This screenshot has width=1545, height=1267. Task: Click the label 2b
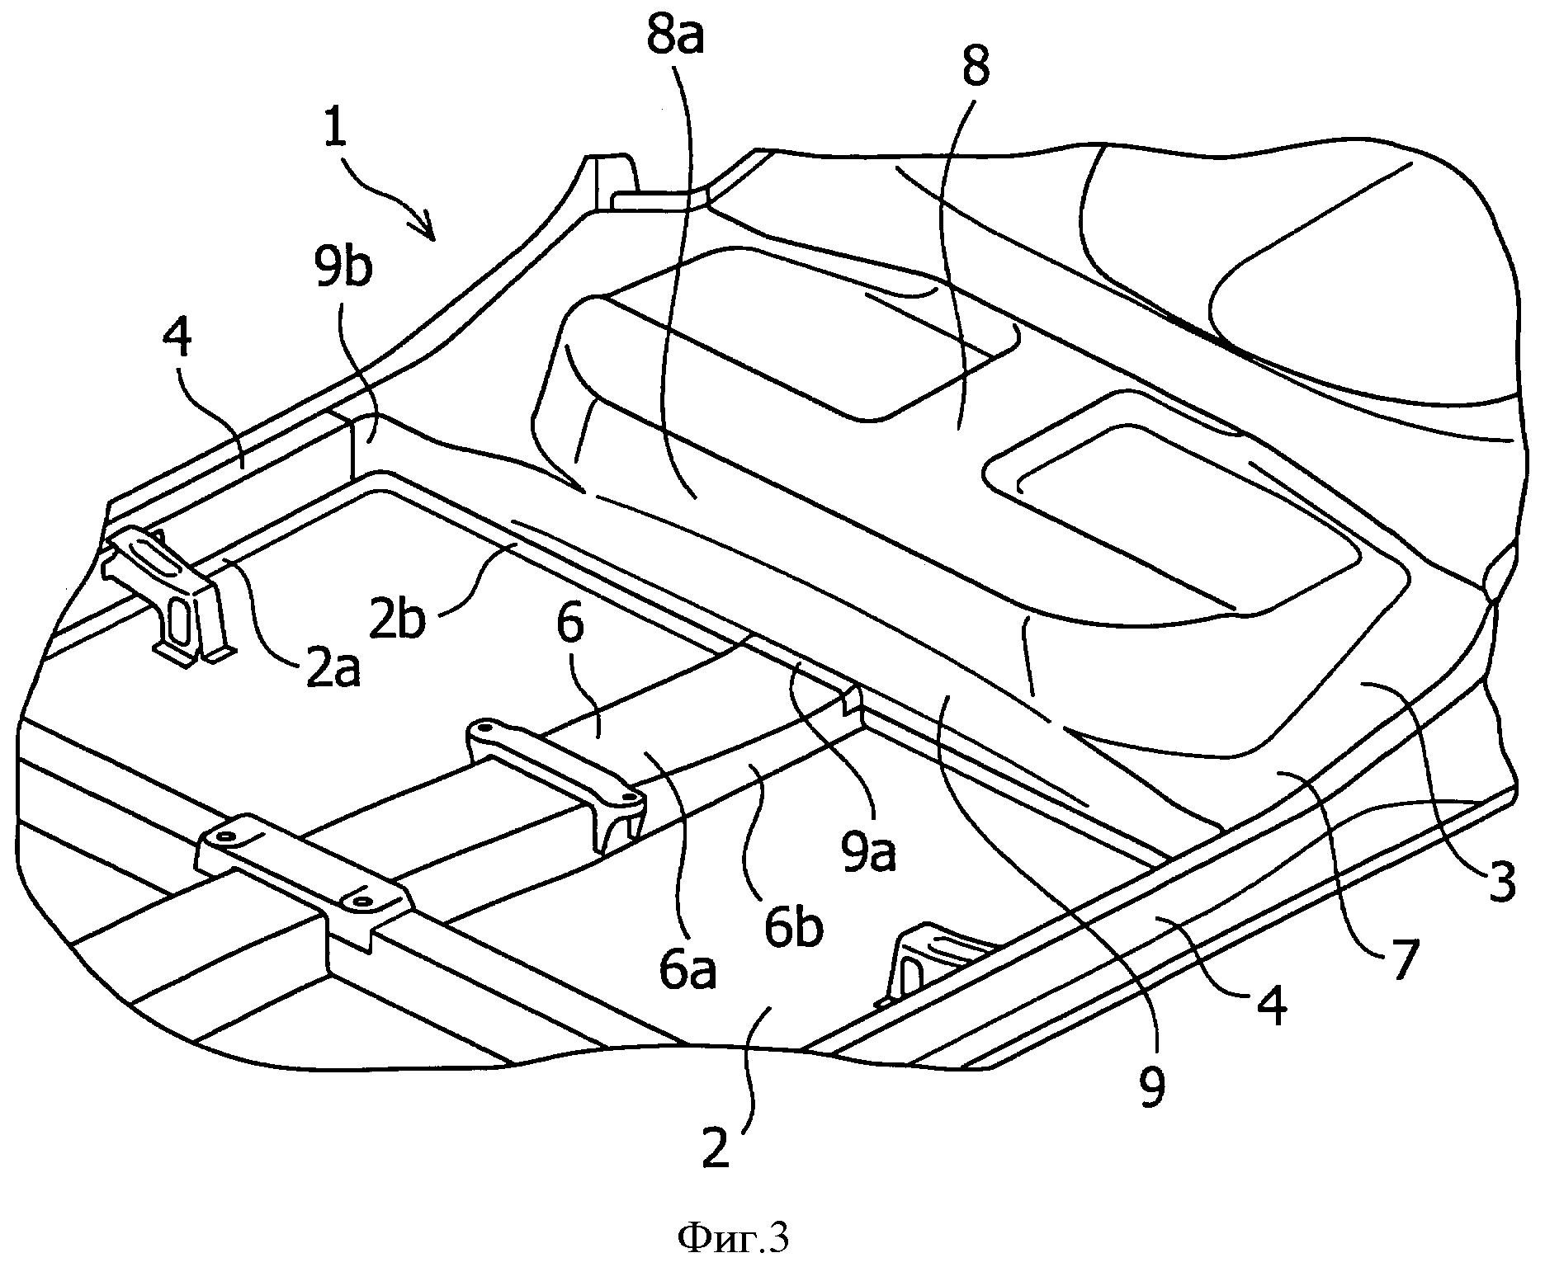pyautogui.click(x=397, y=619)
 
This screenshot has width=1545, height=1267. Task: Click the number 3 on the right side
pyautogui.click(x=1500, y=883)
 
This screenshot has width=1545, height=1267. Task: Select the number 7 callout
pyautogui.click(x=1404, y=958)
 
